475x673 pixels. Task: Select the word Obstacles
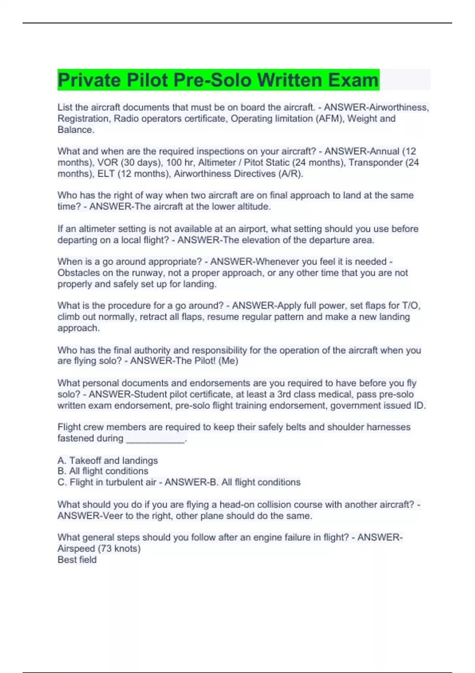pos(79,273)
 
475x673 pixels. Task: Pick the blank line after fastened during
pos(155,439)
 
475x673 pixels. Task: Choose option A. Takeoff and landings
pos(108,461)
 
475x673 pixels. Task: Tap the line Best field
pos(77,560)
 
